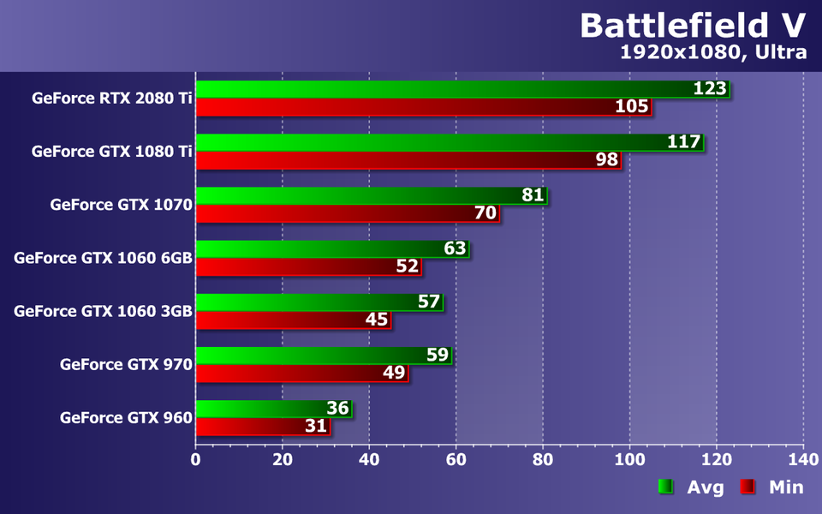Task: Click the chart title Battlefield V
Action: point(693,25)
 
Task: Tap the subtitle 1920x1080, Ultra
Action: point(713,52)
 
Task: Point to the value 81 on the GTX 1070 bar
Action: point(533,195)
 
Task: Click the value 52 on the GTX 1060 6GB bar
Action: point(408,266)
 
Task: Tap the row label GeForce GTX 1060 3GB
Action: point(103,311)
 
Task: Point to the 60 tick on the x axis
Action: point(456,460)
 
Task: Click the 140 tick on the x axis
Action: point(803,460)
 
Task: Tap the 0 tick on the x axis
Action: point(196,460)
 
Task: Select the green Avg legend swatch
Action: point(665,487)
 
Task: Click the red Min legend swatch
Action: point(748,487)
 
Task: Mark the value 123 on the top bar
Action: point(710,88)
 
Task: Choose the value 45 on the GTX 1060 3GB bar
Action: point(377,320)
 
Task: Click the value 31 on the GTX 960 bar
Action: point(316,426)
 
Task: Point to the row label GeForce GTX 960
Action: point(126,417)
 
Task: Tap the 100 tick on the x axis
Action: point(629,460)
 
